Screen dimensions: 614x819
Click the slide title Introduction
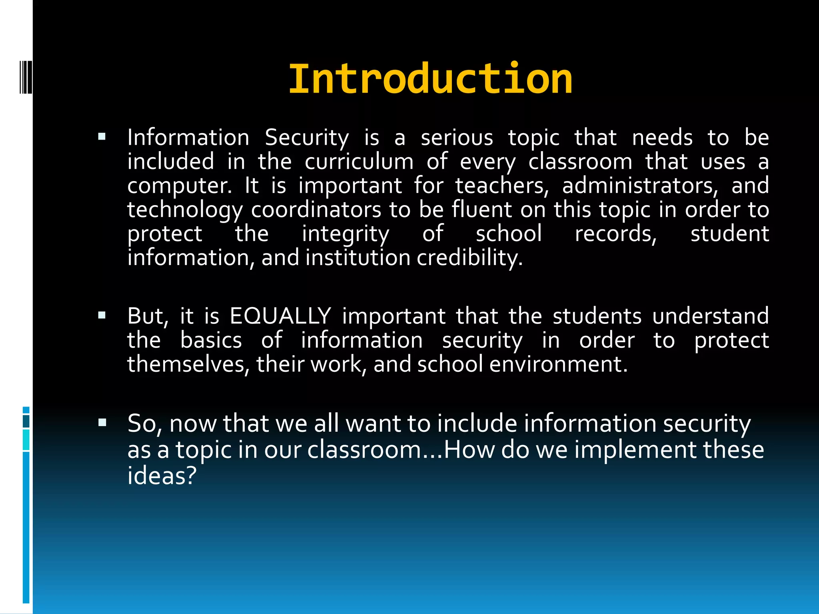tap(430, 79)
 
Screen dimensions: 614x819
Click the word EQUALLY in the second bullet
tap(280, 316)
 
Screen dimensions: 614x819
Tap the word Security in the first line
tap(307, 138)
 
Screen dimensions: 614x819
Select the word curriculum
tap(359, 162)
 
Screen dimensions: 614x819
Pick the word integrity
tap(346, 234)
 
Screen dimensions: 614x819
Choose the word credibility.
tap(469, 258)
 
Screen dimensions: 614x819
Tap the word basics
tap(211, 340)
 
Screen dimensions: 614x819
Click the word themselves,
tap(188, 364)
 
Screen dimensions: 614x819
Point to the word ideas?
tap(162, 476)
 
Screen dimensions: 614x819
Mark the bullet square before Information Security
tap(102, 137)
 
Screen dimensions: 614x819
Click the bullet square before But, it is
tap(102, 315)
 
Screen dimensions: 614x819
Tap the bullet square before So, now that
tap(102, 423)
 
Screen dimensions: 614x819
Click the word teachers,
tap(502, 186)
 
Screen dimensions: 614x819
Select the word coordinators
tap(316, 210)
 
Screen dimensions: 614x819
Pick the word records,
tap(616, 234)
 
